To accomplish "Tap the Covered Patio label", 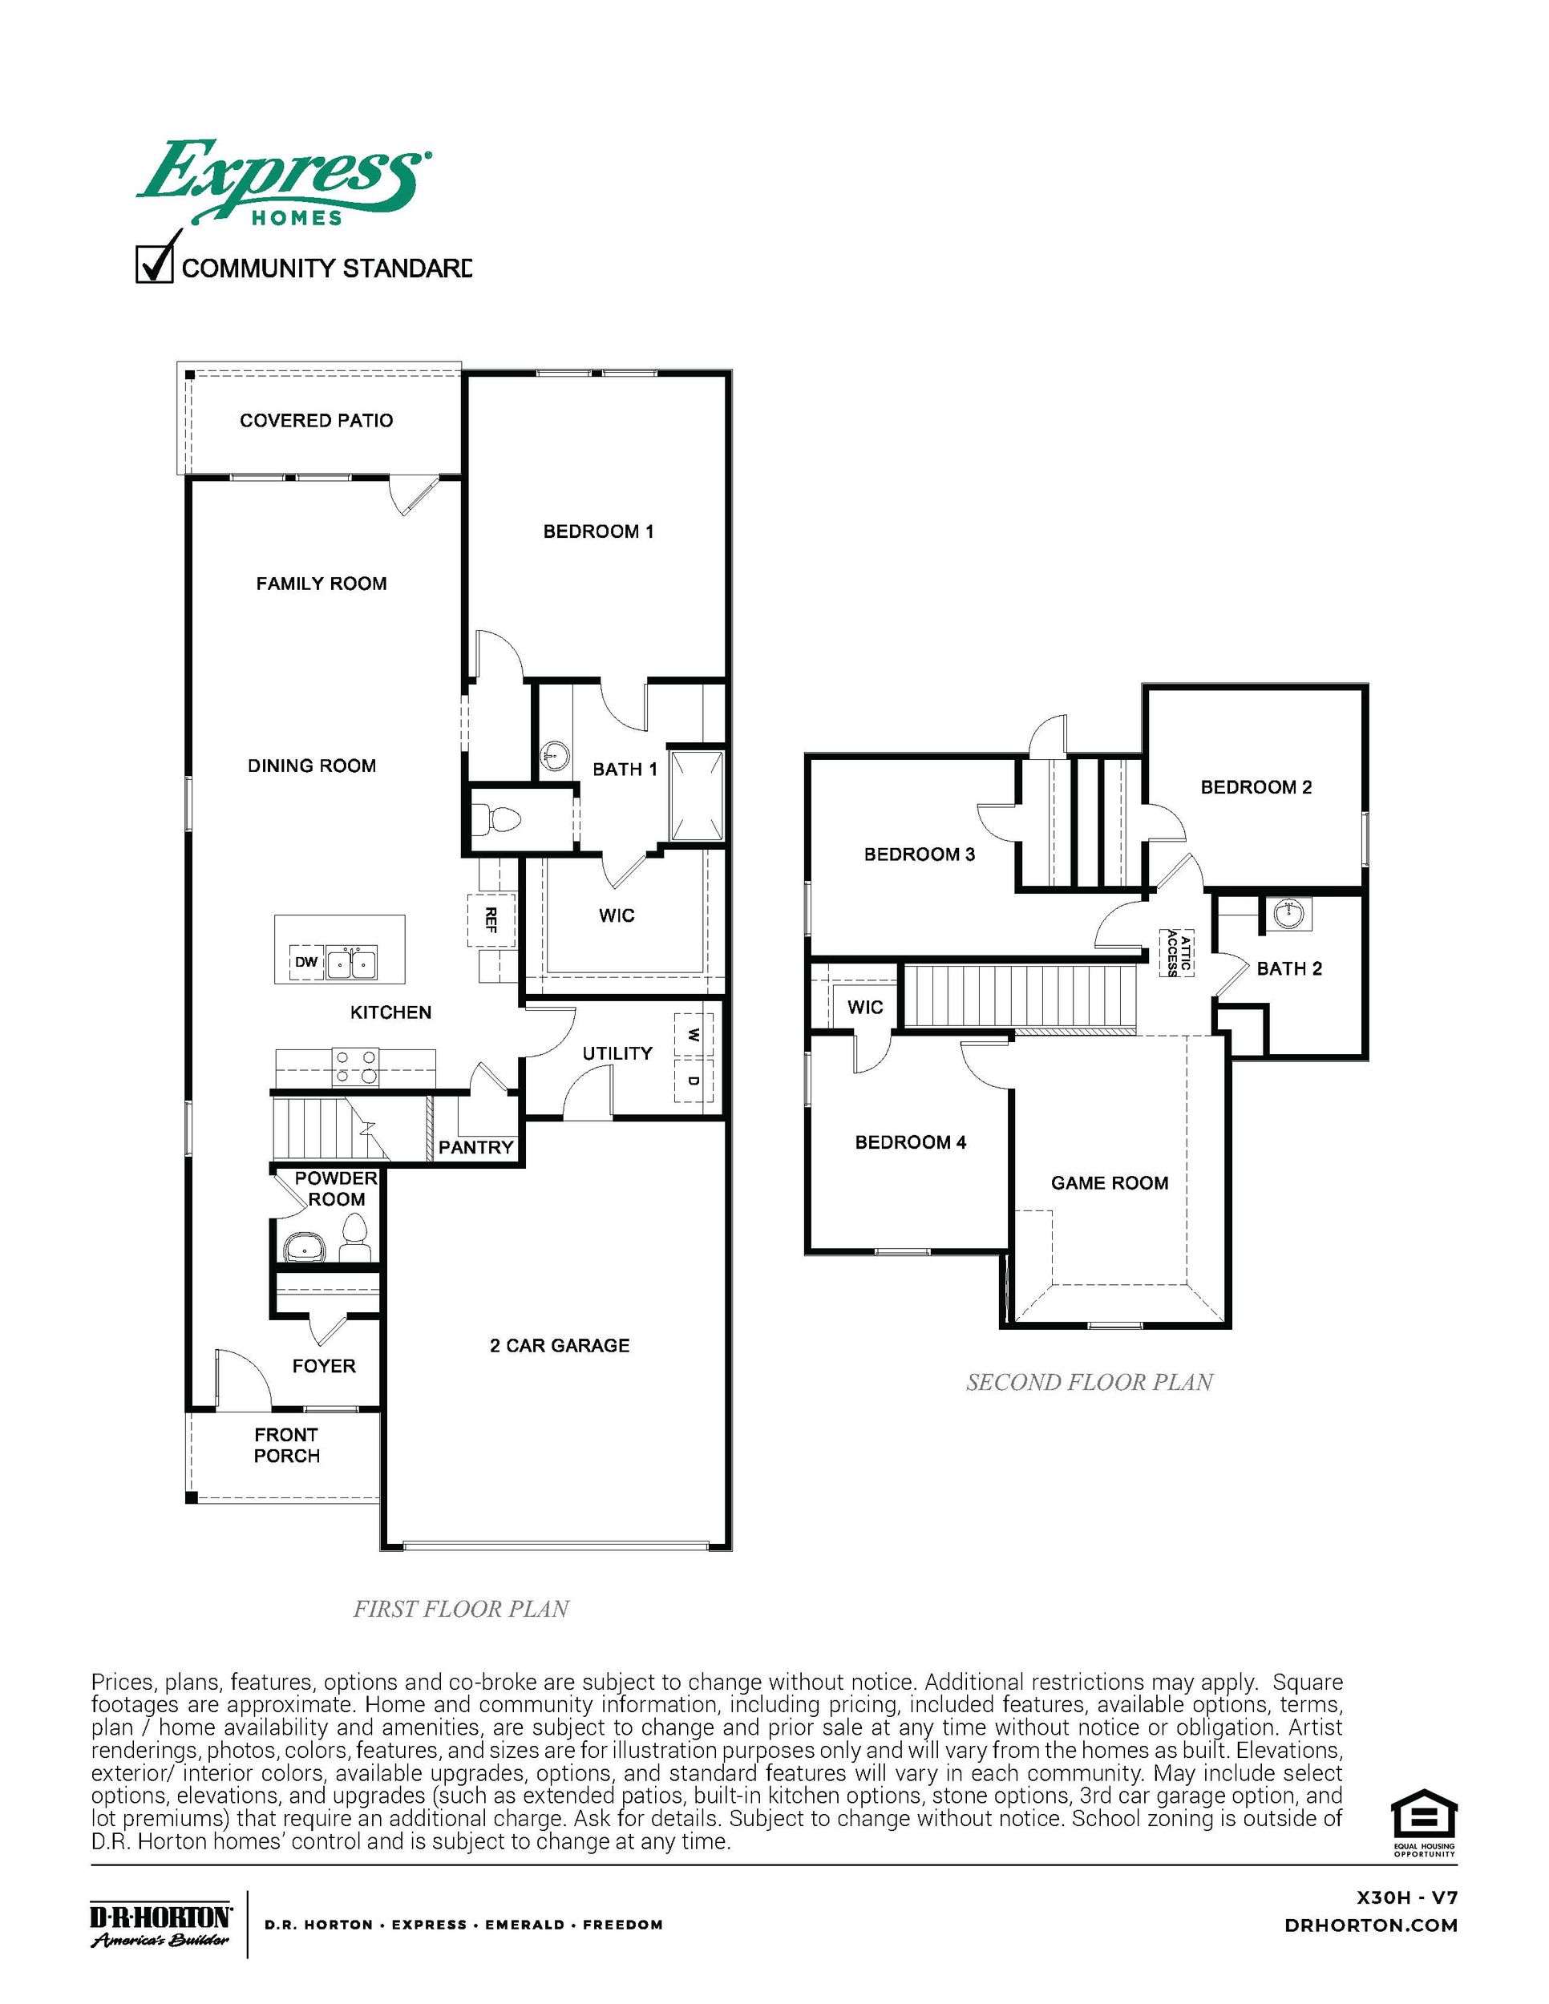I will [317, 420].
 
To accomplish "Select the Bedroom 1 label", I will [598, 531].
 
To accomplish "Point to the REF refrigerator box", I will [491, 919].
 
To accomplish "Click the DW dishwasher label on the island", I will [306, 963].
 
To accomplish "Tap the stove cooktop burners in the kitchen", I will [356, 1066].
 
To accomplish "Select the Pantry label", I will [475, 1147].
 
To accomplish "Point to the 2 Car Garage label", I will [560, 1345].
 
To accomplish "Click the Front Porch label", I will [286, 1445].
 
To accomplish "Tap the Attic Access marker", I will [1179, 954].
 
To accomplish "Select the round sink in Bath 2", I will [1289, 912].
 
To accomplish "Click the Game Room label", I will [1110, 1183].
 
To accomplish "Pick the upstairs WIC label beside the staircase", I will [864, 1007].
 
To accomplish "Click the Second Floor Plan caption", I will [1090, 1383].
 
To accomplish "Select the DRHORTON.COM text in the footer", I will [1371, 1926].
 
